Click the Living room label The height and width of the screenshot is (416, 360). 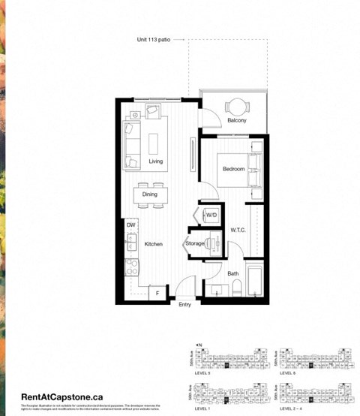point(156,161)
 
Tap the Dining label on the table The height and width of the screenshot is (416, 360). point(150,194)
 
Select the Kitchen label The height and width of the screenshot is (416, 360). point(153,245)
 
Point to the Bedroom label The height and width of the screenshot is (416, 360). point(233,170)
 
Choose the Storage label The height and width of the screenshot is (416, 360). point(196,244)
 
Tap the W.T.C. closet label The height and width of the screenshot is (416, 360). point(238,230)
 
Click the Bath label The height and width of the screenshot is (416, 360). point(233,273)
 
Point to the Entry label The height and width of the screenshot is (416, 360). point(184,304)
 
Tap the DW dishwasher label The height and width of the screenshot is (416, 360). point(130,225)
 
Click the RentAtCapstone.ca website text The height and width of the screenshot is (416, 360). point(62,395)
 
